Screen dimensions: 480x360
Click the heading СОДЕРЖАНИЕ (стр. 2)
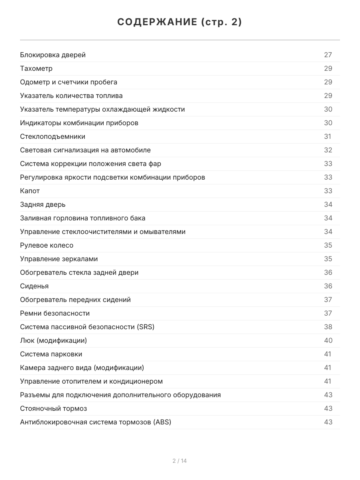pyautogui.click(x=180, y=22)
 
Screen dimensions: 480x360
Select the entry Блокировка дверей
pyautogui.click(x=53, y=55)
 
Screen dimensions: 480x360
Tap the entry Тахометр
pyautogui.click(x=36, y=68)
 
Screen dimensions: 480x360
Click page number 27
pyautogui.click(x=328, y=55)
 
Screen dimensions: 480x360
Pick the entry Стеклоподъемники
pyautogui.click(x=53, y=136)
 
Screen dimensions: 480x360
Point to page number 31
pyautogui.click(x=328, y=136)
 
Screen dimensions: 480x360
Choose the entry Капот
pyautogui.click(x=30, y=191)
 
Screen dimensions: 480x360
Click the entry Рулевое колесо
pyautogui.click(x=47, y=245)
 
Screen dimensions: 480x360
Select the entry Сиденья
pyautogui.click(x=34, y=286)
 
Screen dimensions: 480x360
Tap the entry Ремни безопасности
pyautogui.click(x=55, y=313)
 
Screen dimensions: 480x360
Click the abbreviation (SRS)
pyautogui.click(x=146, y=327)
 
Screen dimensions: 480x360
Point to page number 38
pyautogui.click(x=328, y=327)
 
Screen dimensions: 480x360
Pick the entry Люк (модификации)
pyautogui.click(x=53, y=340)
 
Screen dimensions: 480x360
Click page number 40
pyautogui.click(x=328, y=340)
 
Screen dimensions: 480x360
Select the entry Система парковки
pyautogui.click(x=51, y=354)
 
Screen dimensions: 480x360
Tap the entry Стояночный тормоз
pyautogui.click(x=54, y=408)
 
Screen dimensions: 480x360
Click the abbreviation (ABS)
pyautogui.click(x=162, y=422)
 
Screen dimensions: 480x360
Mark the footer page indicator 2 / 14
pyautogui.click(x=180, y=461)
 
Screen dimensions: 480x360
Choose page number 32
pyautogui.click(x=328, y=150)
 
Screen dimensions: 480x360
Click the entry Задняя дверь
pyautogui.click(x=43, y=204)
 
